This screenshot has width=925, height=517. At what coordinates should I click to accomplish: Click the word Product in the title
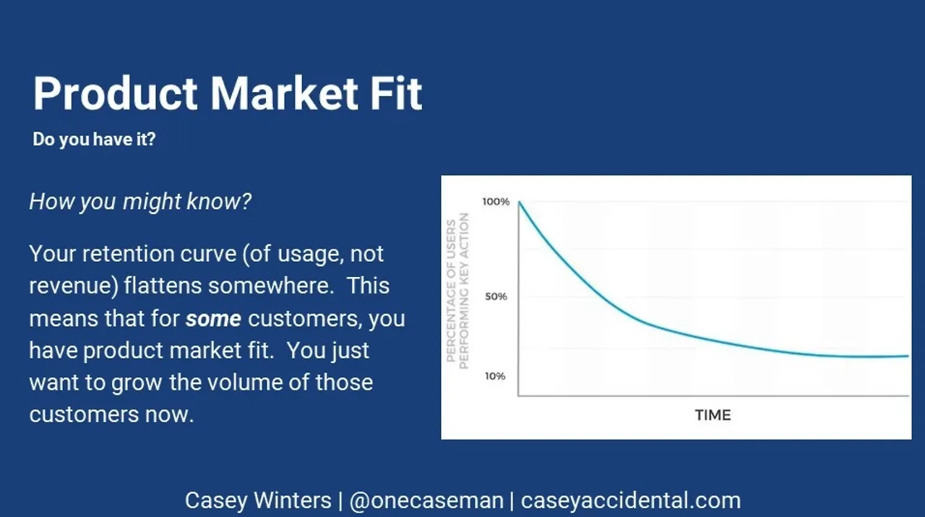[x=115, y=93]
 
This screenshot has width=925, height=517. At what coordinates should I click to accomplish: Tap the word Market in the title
[x=285, y=93]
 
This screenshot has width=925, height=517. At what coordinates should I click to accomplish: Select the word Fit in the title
[x=396, y=93]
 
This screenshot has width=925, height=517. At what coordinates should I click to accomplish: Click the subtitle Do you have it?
[x=94, y=140]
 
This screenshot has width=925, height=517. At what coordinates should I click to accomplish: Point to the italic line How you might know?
[x=140, y=202]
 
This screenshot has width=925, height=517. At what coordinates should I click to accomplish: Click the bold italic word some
[x=213, y=319]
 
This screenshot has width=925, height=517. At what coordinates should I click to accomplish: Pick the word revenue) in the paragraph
[x=74, y=286]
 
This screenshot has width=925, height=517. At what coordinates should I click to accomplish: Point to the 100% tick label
[x=496, y=202]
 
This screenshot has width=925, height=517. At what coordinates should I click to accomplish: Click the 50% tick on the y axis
[x=496, y=296]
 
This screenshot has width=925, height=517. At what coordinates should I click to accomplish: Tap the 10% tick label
[x=495, y=376]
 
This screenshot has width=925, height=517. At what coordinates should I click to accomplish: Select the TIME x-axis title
[x=713, y=415]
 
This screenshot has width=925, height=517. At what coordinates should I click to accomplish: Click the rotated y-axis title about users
[x=458, y=291]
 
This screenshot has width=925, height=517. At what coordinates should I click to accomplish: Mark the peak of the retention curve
[x=520, y=202]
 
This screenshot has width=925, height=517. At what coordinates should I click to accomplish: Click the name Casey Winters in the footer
[x=258, y=500]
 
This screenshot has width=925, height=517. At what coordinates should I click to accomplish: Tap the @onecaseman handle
[x=426, y=501]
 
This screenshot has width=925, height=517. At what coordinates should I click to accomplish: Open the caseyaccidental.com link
[x=631, y=501]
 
